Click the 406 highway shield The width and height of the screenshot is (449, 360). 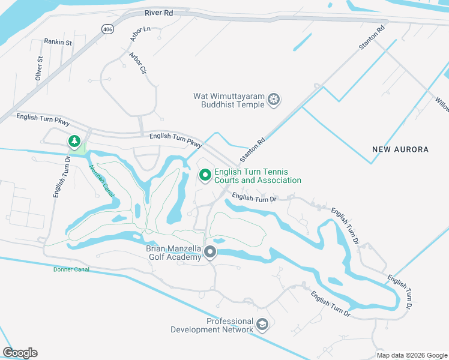point(107,28)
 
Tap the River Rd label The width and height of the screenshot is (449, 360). point(158,12)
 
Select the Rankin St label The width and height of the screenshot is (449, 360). point(58,42)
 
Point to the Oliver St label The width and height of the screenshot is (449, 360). point(39,68)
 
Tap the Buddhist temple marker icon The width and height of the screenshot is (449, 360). point(274,99)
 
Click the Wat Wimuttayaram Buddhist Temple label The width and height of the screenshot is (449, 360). point(229,100)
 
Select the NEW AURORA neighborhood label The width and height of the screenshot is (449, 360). point(400,149)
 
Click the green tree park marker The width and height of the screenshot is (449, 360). point(74,142)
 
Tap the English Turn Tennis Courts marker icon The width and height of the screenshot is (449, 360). point(205,175)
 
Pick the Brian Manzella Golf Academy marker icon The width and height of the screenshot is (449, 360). point(210,252)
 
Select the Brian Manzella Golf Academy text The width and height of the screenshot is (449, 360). point(174,253)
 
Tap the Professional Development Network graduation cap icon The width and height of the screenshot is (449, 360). point(262,325)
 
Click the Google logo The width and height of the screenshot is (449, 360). point(20,353)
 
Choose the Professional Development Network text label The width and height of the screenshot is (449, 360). point(212,325)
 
